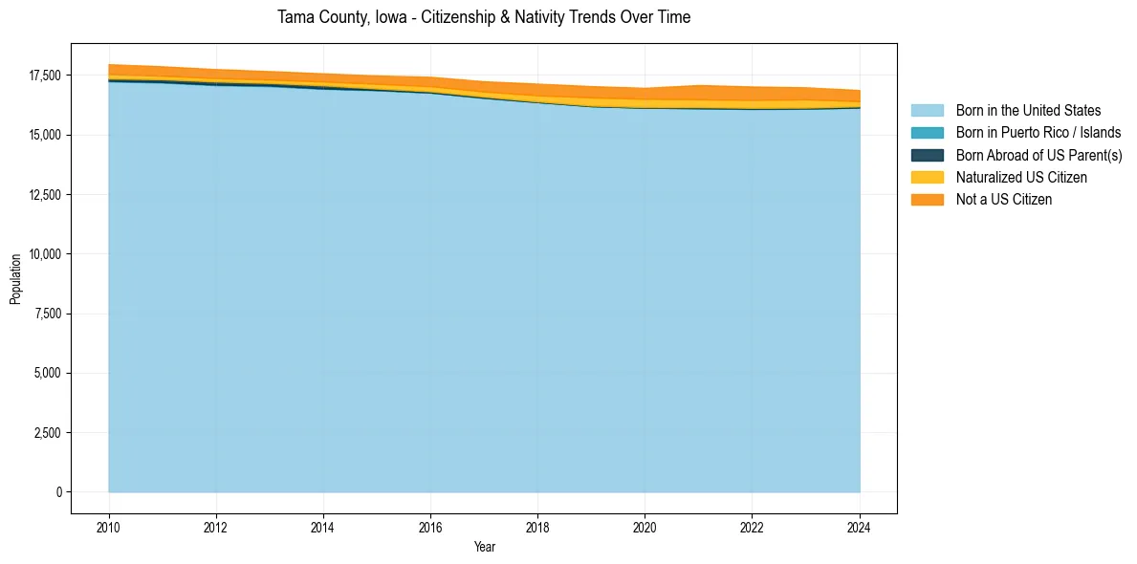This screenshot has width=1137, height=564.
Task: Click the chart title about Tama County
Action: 484,17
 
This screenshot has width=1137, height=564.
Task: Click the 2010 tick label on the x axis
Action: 109,527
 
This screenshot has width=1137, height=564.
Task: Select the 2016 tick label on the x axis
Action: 430,527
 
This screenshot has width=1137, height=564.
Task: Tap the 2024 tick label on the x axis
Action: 859,527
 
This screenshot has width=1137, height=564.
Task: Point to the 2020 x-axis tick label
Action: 645,527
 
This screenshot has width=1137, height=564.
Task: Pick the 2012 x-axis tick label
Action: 216,527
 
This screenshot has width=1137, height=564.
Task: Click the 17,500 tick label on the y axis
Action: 45,76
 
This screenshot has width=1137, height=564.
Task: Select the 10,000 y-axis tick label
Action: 45,254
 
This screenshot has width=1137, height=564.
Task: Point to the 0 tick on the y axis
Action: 58,492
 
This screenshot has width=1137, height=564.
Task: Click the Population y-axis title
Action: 15,279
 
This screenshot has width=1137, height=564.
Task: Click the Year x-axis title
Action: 484,547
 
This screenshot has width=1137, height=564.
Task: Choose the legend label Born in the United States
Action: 1028,111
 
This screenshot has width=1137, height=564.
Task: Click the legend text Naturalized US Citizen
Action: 1021,178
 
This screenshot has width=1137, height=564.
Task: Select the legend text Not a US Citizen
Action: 1003,200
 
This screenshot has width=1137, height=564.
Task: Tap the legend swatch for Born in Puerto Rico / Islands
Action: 927,133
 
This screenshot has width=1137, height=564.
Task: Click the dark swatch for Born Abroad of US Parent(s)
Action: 927,155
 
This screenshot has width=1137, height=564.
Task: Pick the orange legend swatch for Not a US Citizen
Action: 927,200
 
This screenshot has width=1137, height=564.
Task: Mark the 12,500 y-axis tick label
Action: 45,195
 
